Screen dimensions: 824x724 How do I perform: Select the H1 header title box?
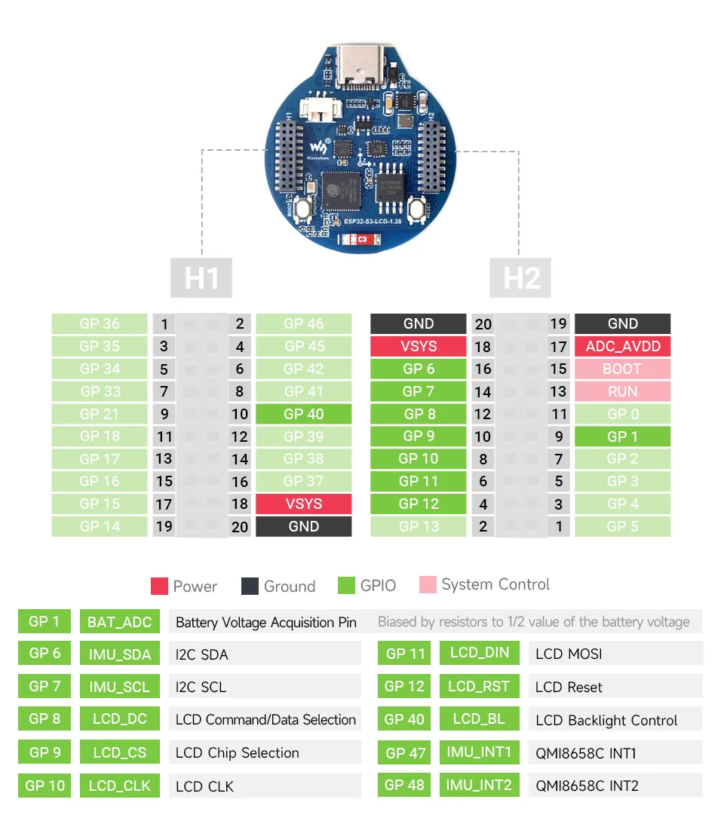(201, 277)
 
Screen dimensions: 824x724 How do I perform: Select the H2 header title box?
(521, 277)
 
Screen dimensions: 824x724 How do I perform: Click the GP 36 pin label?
(100, 324)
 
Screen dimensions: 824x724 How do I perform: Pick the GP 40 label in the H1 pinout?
(303, 414)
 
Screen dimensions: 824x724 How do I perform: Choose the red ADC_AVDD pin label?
(622, 347)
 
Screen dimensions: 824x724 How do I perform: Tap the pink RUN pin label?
(622, 391)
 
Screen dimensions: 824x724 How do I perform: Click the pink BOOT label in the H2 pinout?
(622, 369)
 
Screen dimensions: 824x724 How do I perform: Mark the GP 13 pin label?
(418, 526)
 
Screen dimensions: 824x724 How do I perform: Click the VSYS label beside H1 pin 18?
(303, 504)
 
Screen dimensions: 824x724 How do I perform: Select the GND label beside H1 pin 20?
(303, 526)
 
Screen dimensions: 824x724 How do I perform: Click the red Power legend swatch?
(159, 586)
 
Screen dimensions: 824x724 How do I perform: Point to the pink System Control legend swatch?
(428, 585)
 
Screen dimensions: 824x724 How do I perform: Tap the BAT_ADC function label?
(119, 622)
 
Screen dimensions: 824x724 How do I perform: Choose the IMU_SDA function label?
(119, 654)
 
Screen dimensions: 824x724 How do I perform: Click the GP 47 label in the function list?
(405, 752)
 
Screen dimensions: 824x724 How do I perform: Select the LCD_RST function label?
(479, 687)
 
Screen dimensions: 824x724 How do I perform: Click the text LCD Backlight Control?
(606, 720)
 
